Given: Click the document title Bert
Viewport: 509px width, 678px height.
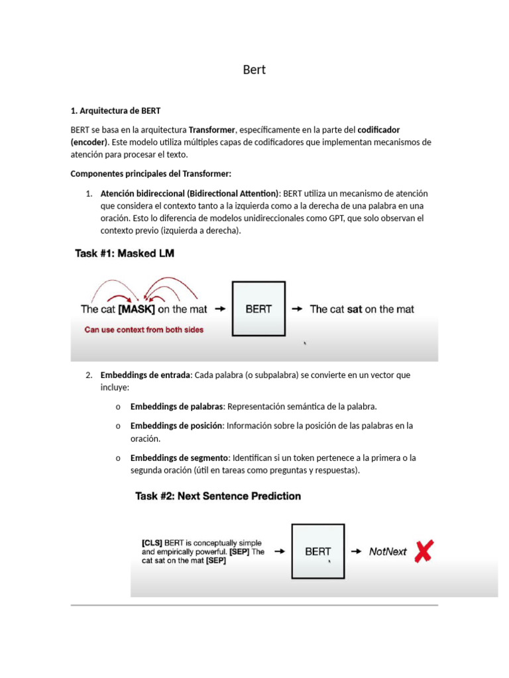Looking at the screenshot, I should pos(254,70).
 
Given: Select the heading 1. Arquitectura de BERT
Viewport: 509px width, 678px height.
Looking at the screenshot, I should pos(115,111).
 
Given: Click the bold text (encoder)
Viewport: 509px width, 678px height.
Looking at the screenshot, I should pos(89,142).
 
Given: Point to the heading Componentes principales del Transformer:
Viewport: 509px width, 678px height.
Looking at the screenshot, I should pos(151,174).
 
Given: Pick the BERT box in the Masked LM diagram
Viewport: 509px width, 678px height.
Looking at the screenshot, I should pos(258,309).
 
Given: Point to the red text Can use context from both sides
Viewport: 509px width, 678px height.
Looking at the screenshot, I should pos(144,329).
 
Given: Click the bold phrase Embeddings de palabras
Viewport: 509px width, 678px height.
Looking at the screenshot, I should pos(177,406).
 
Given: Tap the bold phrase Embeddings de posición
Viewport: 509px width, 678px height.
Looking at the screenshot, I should pos(176,426).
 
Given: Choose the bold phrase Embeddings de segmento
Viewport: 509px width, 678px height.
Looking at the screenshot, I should pos(179,458).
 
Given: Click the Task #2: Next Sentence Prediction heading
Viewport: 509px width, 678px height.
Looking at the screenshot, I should pos(218,496).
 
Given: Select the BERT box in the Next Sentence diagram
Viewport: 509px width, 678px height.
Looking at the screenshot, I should pos(318,551).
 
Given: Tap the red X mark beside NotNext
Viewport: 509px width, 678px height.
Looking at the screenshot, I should pos(424,550).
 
